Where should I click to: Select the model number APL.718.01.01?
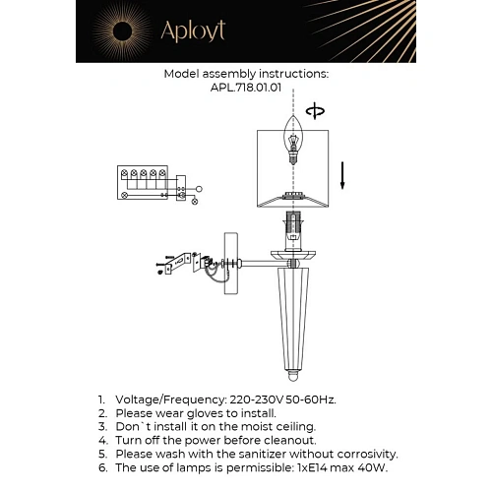tap(246, 86)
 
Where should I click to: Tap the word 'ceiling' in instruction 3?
tap(292, 427)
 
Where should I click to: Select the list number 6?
tap(101, 468)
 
